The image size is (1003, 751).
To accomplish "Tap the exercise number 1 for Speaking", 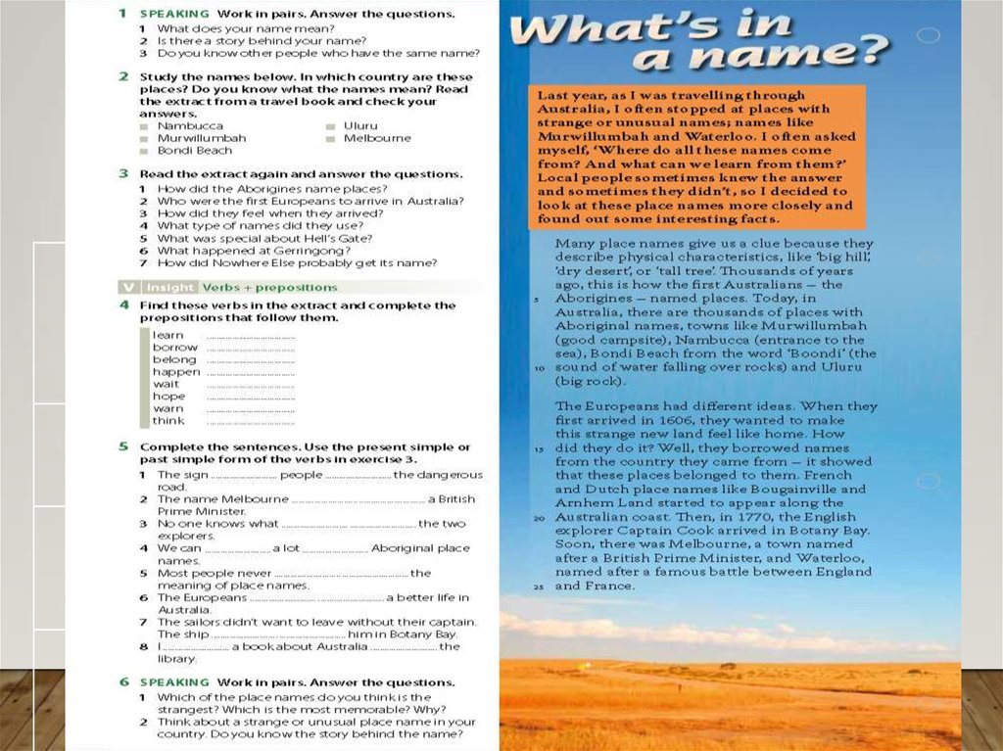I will (122, 14).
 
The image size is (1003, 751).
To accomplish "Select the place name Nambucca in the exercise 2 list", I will (190, 126).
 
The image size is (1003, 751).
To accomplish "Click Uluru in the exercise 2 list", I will (359, 126).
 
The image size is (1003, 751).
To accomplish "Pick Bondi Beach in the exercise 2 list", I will (195, 151).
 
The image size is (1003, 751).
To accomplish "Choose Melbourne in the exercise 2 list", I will (377, 138).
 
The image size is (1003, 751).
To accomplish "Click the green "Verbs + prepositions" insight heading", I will (269, 287).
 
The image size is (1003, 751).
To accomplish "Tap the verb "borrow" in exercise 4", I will (174, 348).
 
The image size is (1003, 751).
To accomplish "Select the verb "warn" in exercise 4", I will (167, 408).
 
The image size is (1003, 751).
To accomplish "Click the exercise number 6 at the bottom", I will (123, 681).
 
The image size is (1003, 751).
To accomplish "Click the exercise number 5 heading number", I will (123, 446).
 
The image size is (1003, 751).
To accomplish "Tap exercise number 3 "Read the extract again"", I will (123, 173).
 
